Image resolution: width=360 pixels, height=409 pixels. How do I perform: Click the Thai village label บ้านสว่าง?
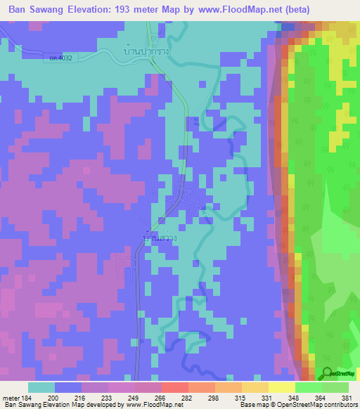160,239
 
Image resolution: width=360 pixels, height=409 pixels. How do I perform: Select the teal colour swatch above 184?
41,387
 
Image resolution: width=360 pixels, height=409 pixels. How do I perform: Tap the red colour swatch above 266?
175,387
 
